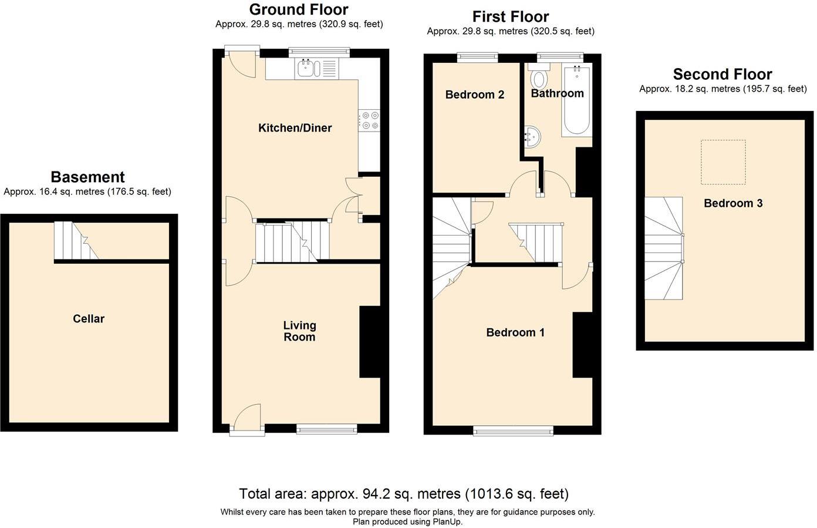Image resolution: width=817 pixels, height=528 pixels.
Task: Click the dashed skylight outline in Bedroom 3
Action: [723, 162]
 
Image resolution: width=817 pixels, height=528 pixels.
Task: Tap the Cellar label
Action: [89, 319]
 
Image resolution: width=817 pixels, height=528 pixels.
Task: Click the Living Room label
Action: [299, 331]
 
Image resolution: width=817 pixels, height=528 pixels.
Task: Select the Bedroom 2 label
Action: [474, 95]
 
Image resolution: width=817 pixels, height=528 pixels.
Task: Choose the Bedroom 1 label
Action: [515, 332]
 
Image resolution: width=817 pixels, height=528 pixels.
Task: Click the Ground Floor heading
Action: [298, 9]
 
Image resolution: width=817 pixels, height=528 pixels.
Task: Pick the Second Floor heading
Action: [722, 75]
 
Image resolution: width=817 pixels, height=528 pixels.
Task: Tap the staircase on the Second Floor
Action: [664, 248]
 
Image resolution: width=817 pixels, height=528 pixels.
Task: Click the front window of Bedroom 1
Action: [514, 431]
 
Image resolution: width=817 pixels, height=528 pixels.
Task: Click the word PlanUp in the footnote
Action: [447, 522]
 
